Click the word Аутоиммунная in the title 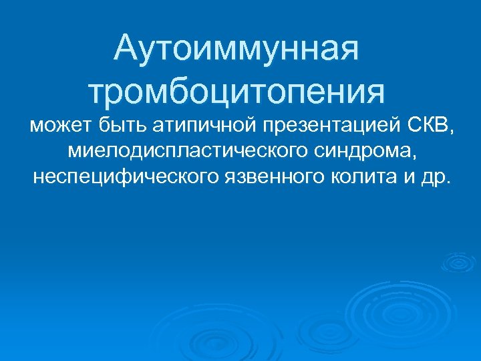click(237, 49)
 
